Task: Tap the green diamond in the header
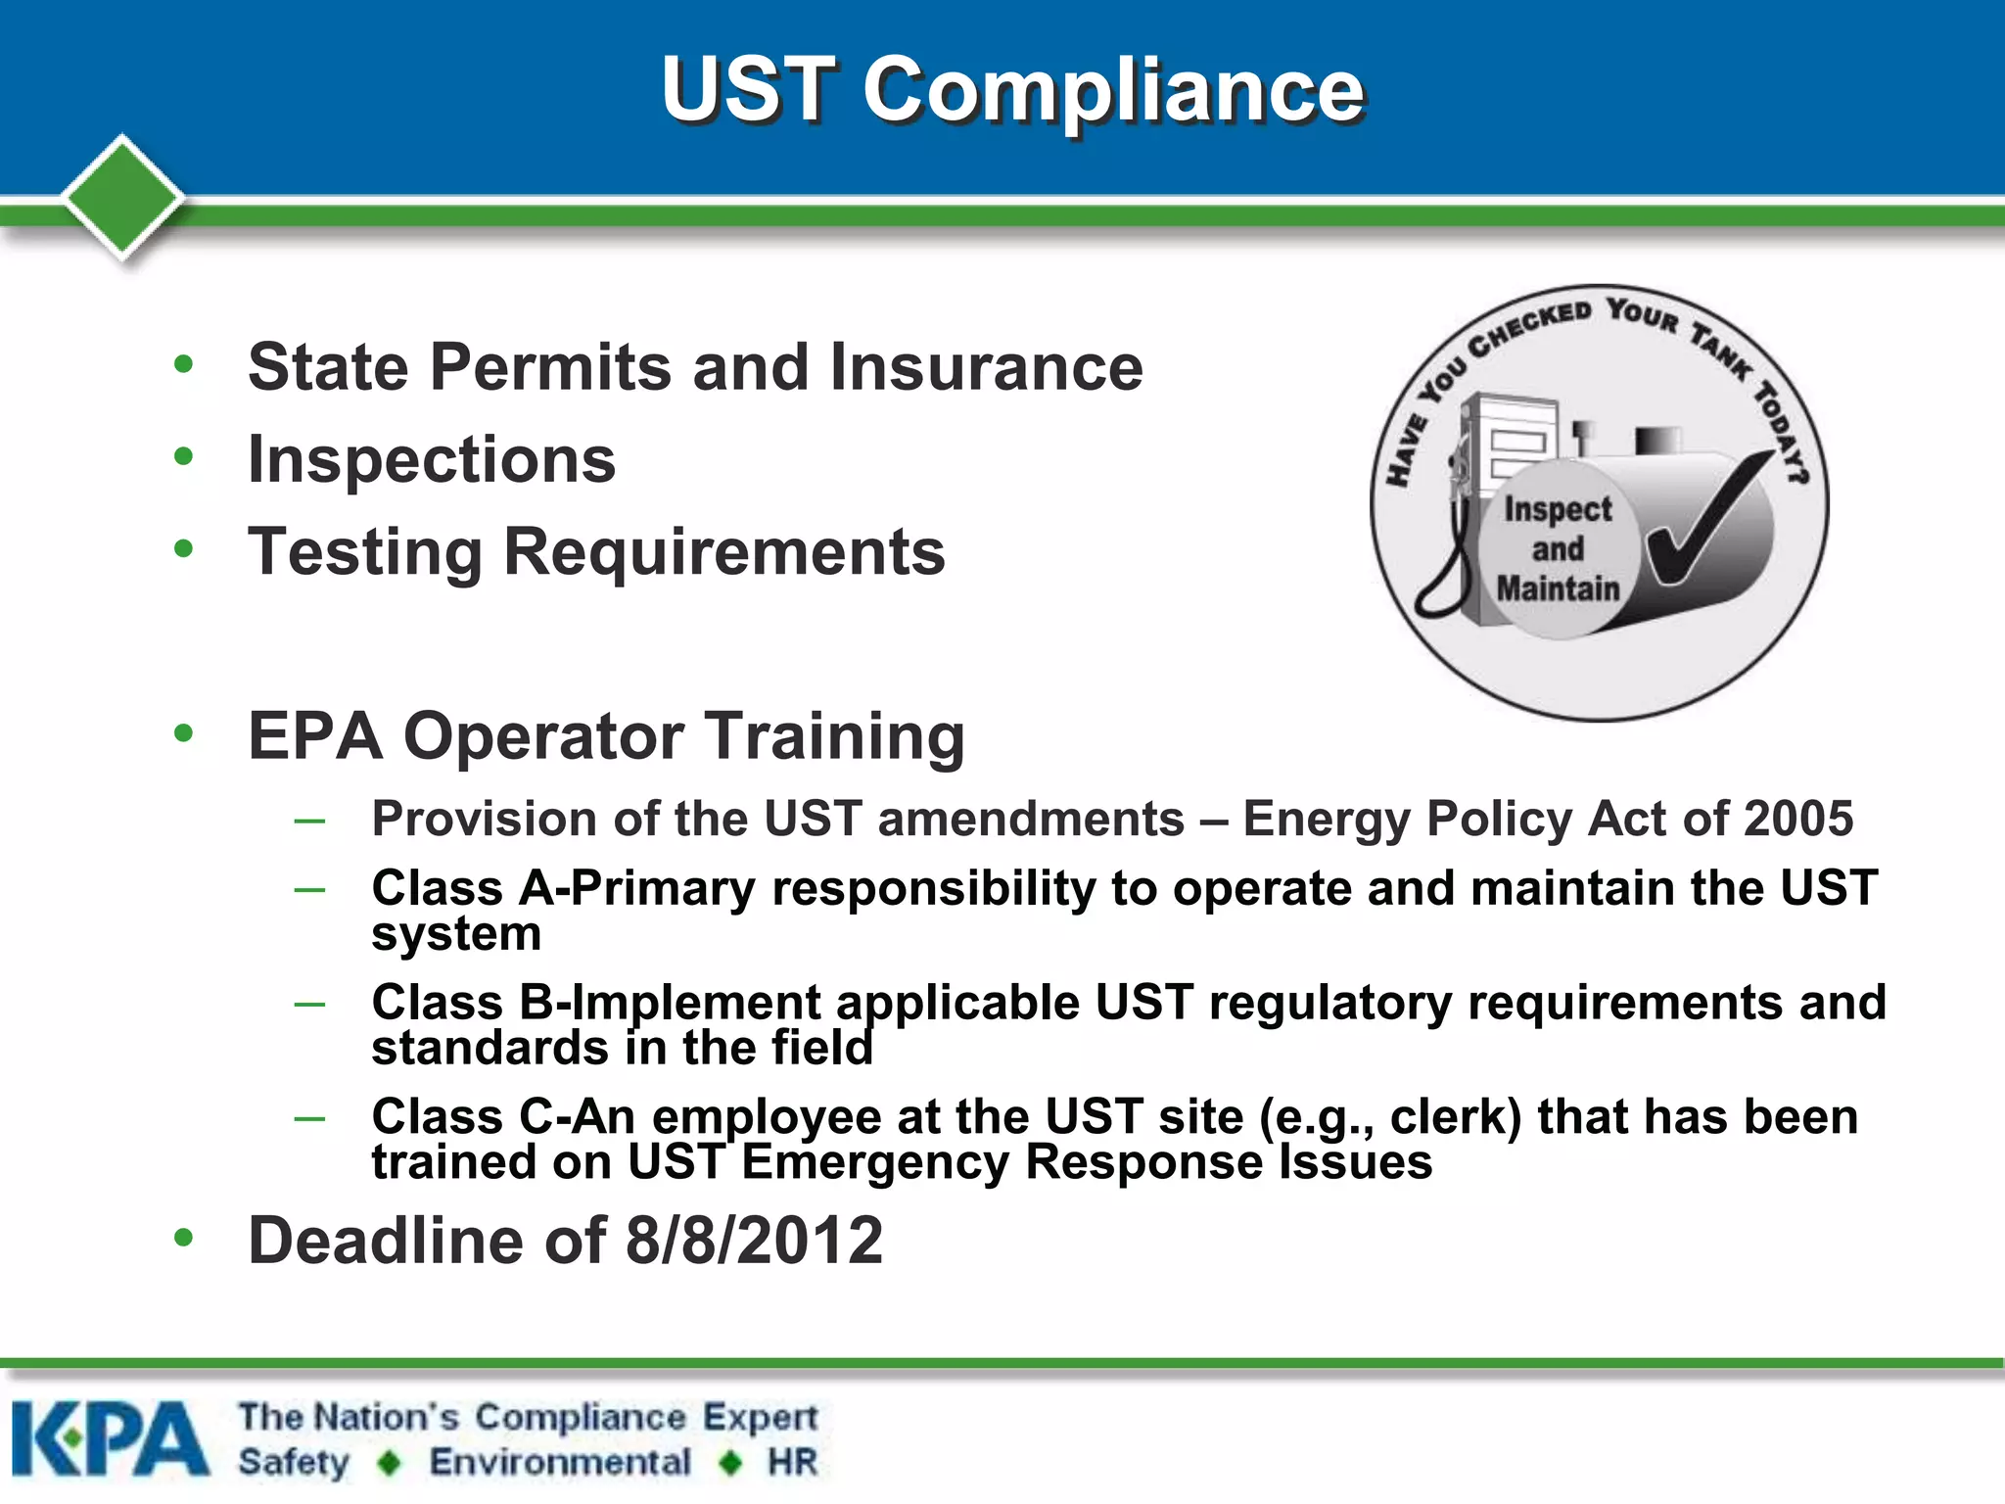(x=122, y=196)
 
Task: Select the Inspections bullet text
(x=432, y=459)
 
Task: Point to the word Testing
(x=365, y=552)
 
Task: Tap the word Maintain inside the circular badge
(x=1558, y=588)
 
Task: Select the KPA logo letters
(x=110, y=1438)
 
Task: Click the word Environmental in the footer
(x=560, y=1462)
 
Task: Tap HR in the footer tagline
(x=792, y=1462)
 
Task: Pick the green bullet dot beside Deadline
(x=183, y=1238)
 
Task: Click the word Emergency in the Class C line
(x=874, y=1163)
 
